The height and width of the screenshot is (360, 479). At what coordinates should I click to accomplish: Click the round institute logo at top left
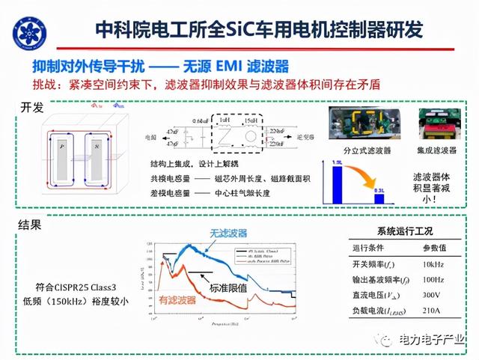(26, 28)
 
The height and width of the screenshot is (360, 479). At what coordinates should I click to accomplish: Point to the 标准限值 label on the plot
(228, 287)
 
